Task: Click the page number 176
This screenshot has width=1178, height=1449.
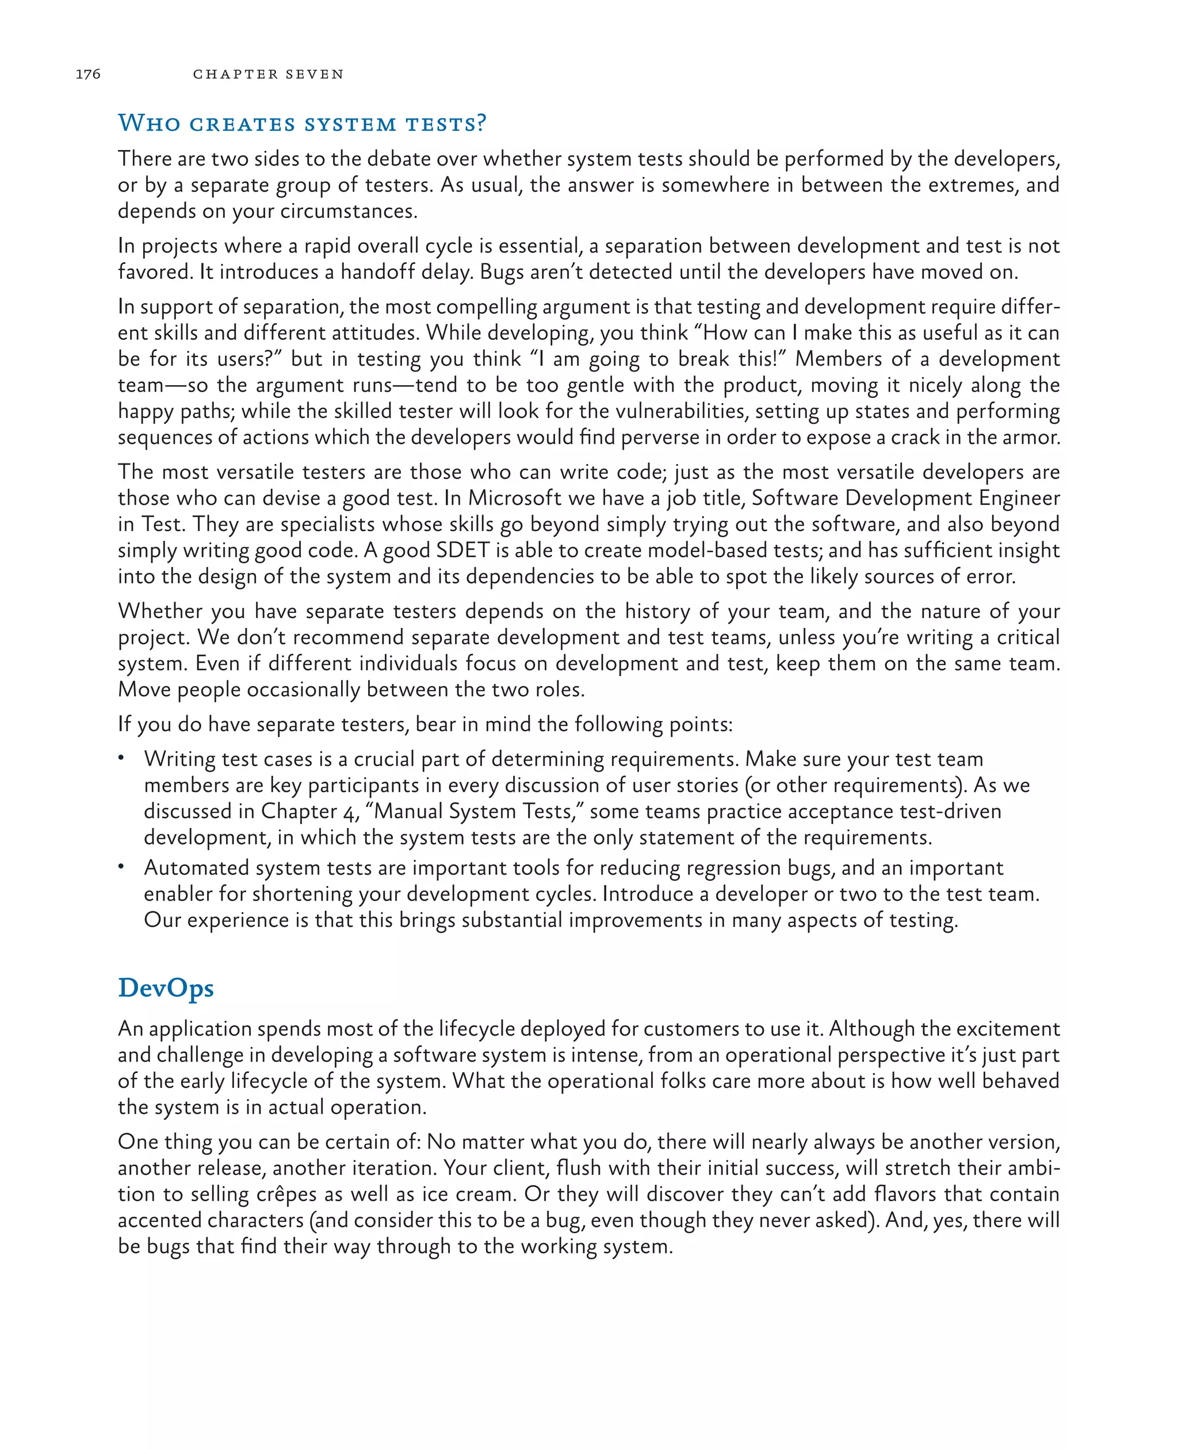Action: click(87, 74)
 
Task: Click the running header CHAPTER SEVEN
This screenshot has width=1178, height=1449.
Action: click(268, 74)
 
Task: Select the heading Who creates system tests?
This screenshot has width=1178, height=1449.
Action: click(302, 124)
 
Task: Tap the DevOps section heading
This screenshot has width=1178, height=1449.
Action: click(166, 988)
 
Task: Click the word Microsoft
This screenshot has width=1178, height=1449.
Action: click(515, 498)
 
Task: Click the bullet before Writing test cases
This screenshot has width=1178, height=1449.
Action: click(121, 758)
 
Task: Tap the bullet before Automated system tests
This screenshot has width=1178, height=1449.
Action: click(121, 867)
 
